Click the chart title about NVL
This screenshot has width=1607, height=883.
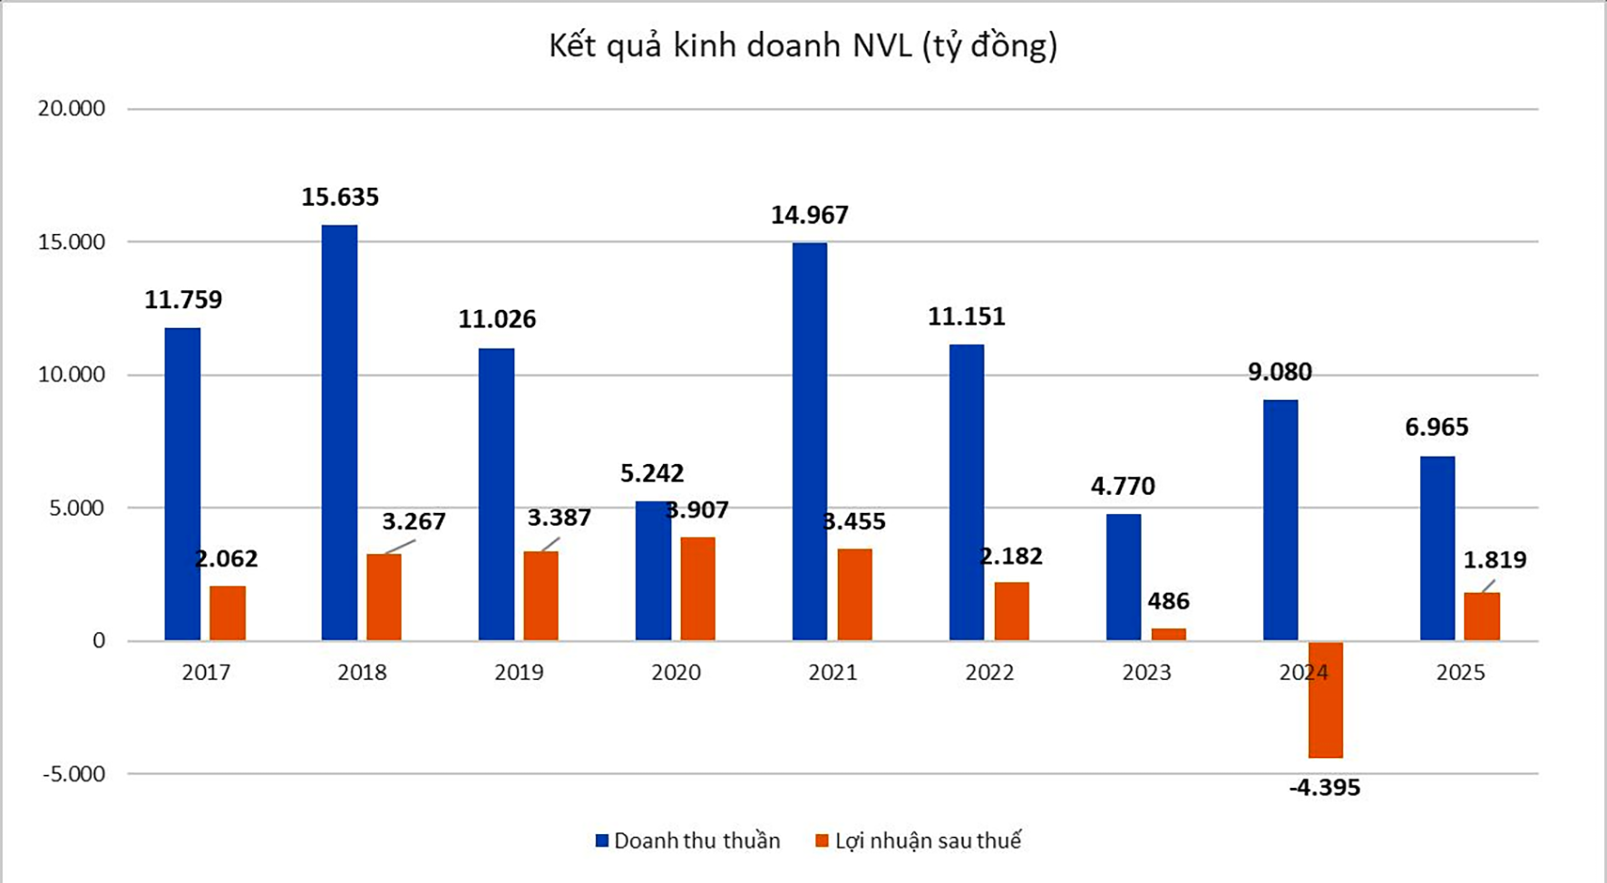tap(803, 45)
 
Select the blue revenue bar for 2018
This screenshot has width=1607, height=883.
tap(339, 432)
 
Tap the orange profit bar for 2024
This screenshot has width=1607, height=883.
tap(1326, 699)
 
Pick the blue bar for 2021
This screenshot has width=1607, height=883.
tap(810, 441)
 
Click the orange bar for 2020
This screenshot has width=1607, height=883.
tap(698, 589)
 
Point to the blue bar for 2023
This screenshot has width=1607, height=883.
tap(1124, 577)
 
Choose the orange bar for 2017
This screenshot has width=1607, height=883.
tap(228, 614)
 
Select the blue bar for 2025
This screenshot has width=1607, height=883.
tap(1437, 548)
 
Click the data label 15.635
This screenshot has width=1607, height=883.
tap(340, 197)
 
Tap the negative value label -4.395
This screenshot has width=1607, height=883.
tap(1325, 788)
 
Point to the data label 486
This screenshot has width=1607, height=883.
tap(1168, 601)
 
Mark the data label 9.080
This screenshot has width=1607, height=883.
tap(1280, 372)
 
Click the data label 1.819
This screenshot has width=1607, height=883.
tap(1495, 559)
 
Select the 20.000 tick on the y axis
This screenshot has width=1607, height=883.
tap(72, 109)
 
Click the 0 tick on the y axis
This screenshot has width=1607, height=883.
tap(98, 641)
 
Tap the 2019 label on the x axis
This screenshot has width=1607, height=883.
tap(519, 673)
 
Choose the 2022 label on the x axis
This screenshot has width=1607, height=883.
tap(989, 673)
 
